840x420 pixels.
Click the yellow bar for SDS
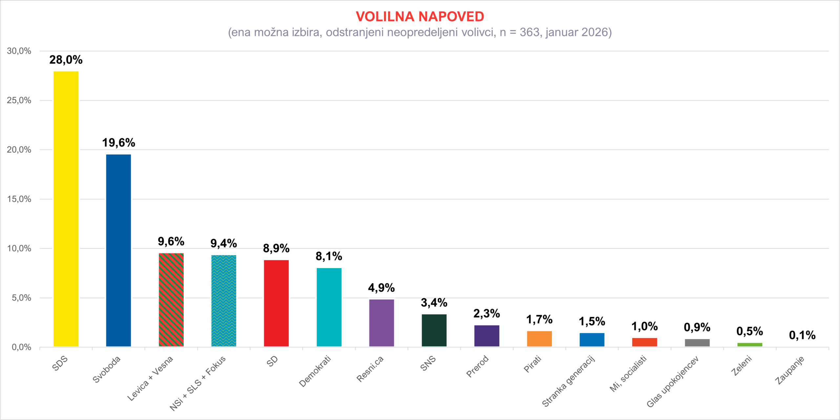[x=66, y=209]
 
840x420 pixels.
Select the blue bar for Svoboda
[x=118, y=250]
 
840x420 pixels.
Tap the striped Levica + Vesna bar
[x=171, y=300]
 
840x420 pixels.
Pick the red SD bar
[x=276, y=303]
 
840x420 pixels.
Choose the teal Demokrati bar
[x=329, y=307]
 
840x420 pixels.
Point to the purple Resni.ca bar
[x=381, y=323]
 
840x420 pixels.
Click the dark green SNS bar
[x=434, y=330]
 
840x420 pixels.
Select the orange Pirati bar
[x=539, y=339]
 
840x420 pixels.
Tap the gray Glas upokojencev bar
[x=697, y=343]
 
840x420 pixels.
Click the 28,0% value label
[x=66, y=60]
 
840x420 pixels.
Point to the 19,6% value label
[x=118, y=143]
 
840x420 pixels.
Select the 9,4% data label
[x=223, y=243]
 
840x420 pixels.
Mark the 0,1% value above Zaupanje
[x=802, y=335]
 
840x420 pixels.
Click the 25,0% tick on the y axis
[x=19, y=100]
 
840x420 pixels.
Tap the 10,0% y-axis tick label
[x=19, y=249]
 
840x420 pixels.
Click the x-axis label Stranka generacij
[x=568, y=381]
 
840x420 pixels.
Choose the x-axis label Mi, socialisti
[x=628, y=373]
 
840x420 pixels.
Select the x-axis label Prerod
[x=477, y=366]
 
